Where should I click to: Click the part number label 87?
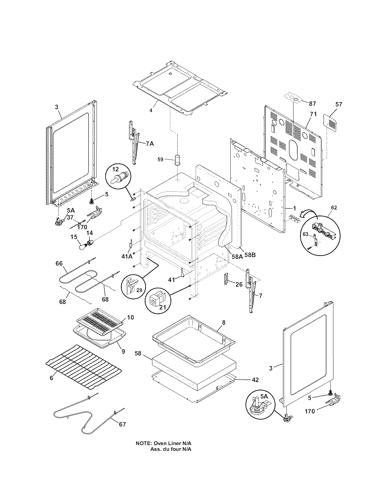pyautogui.click(x=312, y=104)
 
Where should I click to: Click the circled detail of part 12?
pyautogui.click(x=118, y=178)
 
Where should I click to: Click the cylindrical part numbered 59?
pyautogui.click(x=177, y=159)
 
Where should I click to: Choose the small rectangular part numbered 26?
pyautogui.click(x=226, y=278)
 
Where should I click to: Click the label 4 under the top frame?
pyautogui.click(x=150, y=110)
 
